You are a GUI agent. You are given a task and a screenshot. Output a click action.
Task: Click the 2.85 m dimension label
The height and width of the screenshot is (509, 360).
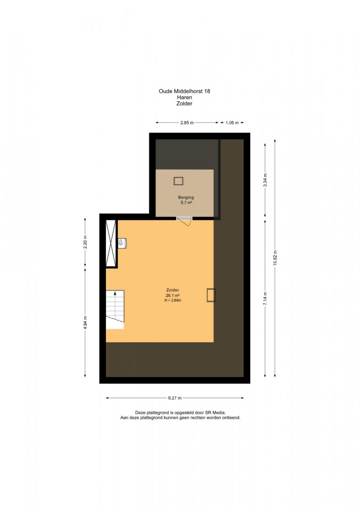(x=187, y=123)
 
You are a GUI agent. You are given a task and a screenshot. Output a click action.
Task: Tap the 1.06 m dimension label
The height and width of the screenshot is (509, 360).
(x=232, y=123)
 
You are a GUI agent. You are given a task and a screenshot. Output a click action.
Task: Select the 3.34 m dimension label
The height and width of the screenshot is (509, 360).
(x=265, y=180)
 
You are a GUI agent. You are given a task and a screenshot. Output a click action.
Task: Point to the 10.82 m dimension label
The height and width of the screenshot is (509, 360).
(x=275, y=258)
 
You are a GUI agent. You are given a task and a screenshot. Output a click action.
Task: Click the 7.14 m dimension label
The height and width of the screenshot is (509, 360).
(x=265, y=298)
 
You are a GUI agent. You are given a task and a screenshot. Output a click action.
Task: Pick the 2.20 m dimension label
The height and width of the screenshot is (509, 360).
(x=85, y=242)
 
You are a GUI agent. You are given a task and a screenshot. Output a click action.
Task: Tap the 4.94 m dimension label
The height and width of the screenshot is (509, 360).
(x=85, y=323)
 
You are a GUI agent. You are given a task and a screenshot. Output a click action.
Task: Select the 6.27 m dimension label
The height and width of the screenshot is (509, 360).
(x=175, y=398)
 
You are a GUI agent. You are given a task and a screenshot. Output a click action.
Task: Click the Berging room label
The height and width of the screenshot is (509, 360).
(x=186, y=197)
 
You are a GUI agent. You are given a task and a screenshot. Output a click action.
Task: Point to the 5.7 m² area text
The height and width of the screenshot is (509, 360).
(x=186, y=203)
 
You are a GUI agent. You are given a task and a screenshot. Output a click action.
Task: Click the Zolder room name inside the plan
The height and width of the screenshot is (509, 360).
(x=172, y=290)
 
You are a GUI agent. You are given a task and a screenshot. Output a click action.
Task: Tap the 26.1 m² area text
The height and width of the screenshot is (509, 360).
(x=172, y=296)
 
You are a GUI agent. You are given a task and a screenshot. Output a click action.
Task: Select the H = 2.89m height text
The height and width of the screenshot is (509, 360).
(x=172, y=300)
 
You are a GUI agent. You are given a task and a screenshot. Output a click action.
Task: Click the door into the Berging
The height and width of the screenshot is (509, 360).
(x=185, y=220)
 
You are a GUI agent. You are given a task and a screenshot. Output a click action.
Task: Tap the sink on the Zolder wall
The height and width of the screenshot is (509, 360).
(x=122, y=243)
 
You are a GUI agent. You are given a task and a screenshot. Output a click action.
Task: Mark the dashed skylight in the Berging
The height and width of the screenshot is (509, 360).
(x=179, y=181)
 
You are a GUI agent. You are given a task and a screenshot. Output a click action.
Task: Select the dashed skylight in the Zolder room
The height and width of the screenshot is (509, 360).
(x=211, y=296)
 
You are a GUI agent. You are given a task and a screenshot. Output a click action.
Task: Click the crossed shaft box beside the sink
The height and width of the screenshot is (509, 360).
(x=111, y=243)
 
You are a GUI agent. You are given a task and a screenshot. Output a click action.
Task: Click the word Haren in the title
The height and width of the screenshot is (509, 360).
(x=184, y=98)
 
